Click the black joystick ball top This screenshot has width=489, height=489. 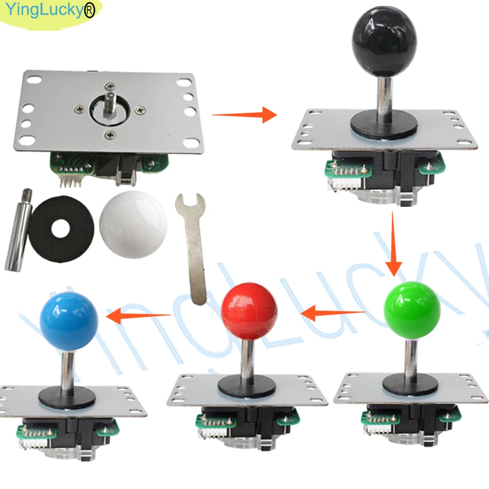coord(384,44)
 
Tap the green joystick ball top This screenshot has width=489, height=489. coord(412,311)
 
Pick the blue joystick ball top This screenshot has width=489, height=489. coord(69,322)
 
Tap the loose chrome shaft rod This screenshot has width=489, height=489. coord(18,230)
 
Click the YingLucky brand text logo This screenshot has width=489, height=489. coord(50,10)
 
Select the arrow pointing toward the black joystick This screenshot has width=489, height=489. coord(244,115)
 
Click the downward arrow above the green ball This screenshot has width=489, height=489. coord(393,244)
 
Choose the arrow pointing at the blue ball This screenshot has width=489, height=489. coord(138,315)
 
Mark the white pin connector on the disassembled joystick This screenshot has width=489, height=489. coord(69,180)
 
